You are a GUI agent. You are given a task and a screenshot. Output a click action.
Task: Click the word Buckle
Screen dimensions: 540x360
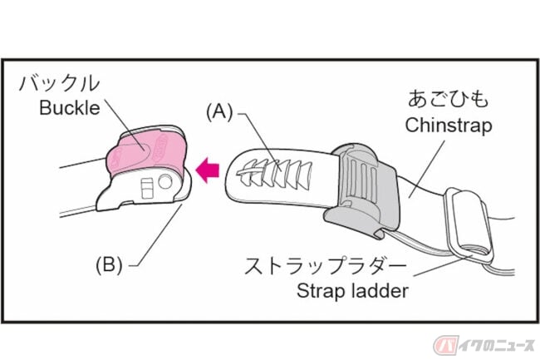point(70,108)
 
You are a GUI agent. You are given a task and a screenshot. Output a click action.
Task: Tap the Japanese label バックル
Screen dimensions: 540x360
point(60,83)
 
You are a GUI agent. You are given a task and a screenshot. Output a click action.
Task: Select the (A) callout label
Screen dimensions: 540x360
point(219,112)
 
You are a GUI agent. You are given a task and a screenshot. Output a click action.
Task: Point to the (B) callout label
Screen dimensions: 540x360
point(109,265)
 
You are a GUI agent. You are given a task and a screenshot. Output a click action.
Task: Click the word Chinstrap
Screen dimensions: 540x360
point(449,125)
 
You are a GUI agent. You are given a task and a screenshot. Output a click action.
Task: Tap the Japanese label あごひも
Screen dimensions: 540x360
point(448,99)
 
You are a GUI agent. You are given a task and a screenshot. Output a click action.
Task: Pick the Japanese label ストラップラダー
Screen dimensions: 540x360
point(326,266)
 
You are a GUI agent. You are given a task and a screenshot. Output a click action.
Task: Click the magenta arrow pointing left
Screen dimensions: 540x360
point(208,170)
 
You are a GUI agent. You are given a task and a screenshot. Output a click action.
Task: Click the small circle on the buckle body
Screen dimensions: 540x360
point(165,181)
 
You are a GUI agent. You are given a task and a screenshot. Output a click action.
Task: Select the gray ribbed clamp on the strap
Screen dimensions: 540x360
point(361,190)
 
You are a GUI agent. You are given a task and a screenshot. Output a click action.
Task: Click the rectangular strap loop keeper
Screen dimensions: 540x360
point(469,225)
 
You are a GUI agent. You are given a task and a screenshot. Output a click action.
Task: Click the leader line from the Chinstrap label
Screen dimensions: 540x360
point(427,169)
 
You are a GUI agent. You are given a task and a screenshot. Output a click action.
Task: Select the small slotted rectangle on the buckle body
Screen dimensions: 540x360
point(147,189)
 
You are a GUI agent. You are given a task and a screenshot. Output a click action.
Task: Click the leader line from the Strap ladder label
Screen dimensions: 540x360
point(443,266)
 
